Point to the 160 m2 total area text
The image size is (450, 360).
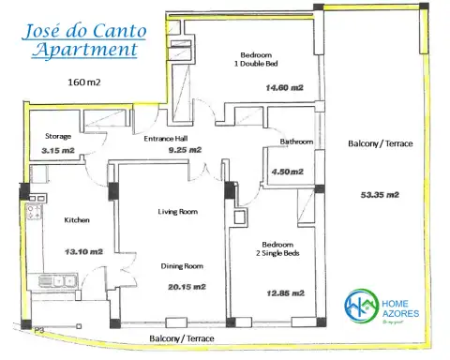coord(84,82)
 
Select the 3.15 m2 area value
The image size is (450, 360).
coord(58,149)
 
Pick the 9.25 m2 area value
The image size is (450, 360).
coord(185,149)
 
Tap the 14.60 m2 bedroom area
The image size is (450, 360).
coord(283,88)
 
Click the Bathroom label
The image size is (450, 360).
coord(295,142)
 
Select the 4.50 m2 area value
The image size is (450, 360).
coord(284,172)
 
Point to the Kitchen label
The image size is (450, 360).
coord(77,220)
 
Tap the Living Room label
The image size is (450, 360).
coord(177,212)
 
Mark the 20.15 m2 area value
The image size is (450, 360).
coord(183,288)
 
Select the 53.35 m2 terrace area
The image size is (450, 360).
coord(380,195)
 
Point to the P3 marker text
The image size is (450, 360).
coord(40,330)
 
